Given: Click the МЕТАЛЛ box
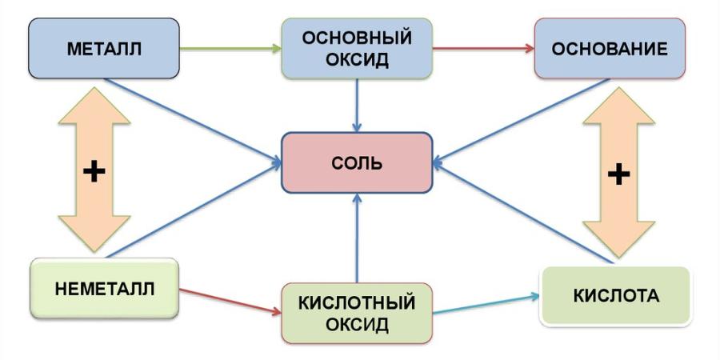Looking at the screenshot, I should (x=103, y=49).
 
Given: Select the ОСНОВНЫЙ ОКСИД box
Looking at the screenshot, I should (x=357, y=49).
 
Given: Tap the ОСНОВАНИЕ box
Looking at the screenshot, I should (x=610, y=49).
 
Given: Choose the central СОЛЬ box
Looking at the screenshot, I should (x=357, y=163).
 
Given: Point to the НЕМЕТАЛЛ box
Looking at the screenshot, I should (x=104, y=288).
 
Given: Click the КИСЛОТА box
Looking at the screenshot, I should (x=616, y=296).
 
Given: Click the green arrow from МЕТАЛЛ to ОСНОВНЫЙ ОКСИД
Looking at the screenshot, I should (x=230, y=49).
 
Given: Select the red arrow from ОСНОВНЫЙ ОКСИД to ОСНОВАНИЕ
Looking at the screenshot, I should (x=483, y=49).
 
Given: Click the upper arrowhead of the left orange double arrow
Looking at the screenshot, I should (x=94, y=108).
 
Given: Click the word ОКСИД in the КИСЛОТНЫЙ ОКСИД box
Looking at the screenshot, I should (x=357, y=325).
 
